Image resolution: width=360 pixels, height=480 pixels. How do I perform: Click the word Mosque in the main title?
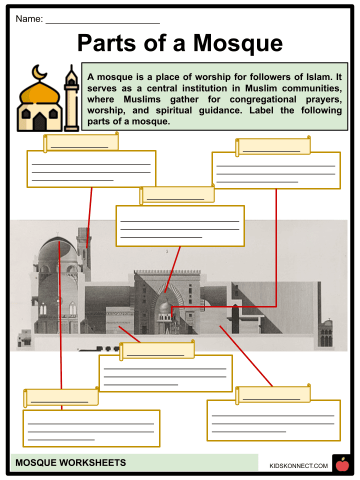point(238,43)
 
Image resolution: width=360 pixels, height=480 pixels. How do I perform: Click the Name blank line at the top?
point(102,22)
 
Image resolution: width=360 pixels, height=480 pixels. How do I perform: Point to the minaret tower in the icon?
point(72,97)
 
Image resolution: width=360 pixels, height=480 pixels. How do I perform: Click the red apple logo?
point(342,465)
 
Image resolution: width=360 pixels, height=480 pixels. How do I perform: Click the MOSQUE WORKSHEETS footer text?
point(70,462)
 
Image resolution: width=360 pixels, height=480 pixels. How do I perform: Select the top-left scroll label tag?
point(80,142)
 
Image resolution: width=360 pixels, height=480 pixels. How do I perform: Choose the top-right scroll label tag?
point(273,146)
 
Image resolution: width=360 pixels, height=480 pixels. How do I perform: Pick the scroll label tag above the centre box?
point(177,194)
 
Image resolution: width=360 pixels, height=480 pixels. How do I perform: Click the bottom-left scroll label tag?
point(61,397)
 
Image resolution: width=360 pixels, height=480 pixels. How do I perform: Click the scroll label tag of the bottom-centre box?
point(157,350)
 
